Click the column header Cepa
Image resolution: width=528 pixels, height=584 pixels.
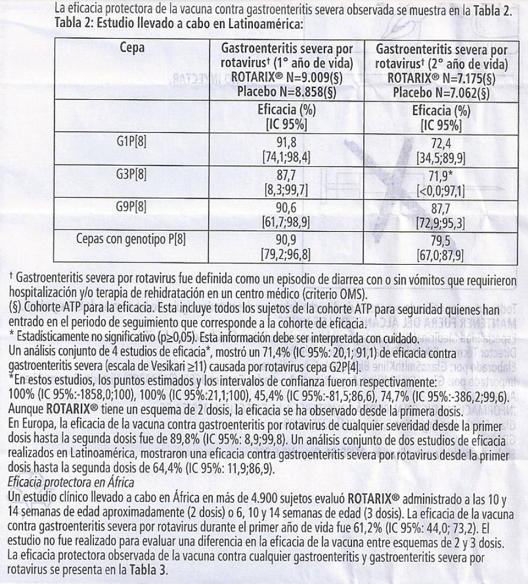(x=132, y=48)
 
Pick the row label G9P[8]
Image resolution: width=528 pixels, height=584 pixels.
(x=132, y=207)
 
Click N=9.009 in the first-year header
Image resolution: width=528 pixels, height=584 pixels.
(x=305, y=77)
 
